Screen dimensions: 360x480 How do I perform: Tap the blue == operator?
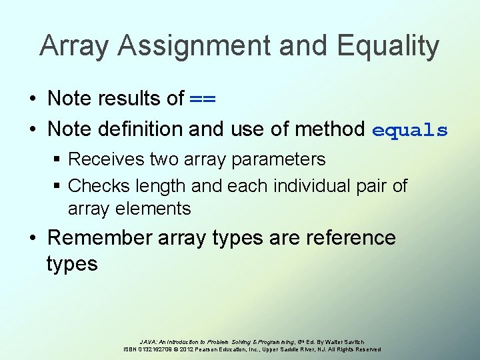[x=203, y=99]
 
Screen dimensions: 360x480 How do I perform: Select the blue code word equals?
[x=409, y=129]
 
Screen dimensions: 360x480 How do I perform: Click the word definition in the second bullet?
[x=140, y=129]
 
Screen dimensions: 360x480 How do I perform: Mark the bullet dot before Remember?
[x=32, y=238]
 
